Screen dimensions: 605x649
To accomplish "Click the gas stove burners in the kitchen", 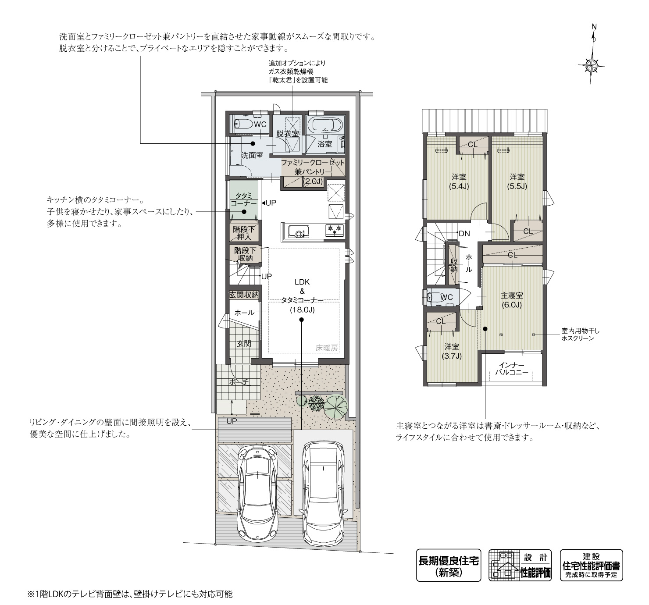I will point(334,230).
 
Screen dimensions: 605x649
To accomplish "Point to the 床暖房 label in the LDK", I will point(327,348).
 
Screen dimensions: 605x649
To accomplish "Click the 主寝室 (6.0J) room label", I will point(512,300).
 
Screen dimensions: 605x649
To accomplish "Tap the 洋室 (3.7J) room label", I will point(451,351).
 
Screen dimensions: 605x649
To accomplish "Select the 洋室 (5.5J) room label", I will point(517,181).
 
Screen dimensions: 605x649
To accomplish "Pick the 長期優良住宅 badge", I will point(448,565).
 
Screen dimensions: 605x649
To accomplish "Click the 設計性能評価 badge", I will point(520,565).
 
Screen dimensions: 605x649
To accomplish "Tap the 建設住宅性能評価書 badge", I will point(591,565).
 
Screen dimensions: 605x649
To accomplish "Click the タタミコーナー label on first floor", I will point(244,200).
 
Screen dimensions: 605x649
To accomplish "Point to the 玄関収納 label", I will point(244,295).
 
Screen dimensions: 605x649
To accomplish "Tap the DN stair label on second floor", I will point(464,234).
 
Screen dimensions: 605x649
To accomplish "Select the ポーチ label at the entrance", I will point(239,382).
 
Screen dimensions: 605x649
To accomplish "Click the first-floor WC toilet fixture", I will point(242,124).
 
